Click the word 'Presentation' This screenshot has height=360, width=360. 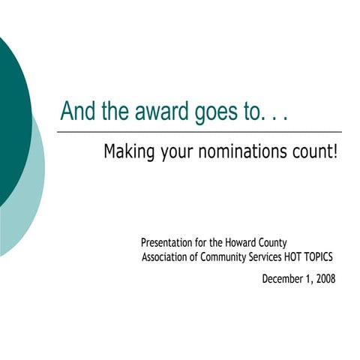click(167, 242)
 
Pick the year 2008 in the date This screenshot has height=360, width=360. click(325, 278)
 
